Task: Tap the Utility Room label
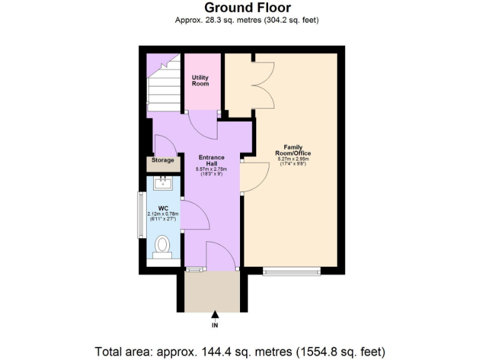200,81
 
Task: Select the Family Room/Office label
293,151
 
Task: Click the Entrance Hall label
211,160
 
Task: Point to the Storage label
162,161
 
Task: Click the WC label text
162,207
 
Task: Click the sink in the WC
164,183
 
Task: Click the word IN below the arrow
214,325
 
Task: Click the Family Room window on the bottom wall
291,271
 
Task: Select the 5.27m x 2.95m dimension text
293,159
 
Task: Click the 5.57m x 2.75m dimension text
211,169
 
